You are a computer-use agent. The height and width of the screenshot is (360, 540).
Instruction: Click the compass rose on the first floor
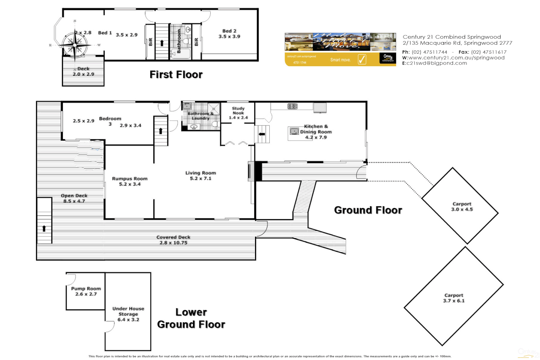[75, 45]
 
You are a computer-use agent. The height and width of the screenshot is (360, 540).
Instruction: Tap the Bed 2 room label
[229, 31]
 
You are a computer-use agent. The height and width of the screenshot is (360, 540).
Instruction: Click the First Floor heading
[176, 74]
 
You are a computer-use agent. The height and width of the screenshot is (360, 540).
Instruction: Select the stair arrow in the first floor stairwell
[162, 43]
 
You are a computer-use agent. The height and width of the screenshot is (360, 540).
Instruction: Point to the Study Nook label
[238, 111]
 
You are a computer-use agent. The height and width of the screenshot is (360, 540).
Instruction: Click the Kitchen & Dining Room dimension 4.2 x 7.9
[316, 137]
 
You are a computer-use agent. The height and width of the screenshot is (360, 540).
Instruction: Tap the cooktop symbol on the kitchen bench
[292, 106]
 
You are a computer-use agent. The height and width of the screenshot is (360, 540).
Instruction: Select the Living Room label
[200, 173]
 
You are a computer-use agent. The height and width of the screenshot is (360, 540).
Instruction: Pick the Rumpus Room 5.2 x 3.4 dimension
[130, 184]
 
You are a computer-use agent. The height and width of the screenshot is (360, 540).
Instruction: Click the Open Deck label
[74, 196]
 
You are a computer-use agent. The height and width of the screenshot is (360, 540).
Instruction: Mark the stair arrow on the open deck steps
[44, 229]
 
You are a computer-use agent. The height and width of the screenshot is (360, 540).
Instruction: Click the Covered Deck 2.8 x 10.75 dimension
[173, 243]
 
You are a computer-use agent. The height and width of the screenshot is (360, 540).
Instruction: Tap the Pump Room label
[86, 289]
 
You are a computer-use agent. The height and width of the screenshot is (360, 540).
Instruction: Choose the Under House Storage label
[128, 311]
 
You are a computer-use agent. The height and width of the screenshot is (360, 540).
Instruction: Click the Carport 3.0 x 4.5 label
[462, 207]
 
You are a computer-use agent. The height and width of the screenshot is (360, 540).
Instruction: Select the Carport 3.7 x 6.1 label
[454, 298]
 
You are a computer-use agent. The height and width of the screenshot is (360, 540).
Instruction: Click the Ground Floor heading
[368, 210]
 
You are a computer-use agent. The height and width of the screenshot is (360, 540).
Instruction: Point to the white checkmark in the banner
[362, 59]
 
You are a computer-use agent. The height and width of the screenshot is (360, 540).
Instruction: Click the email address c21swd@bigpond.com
[437, 63]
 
